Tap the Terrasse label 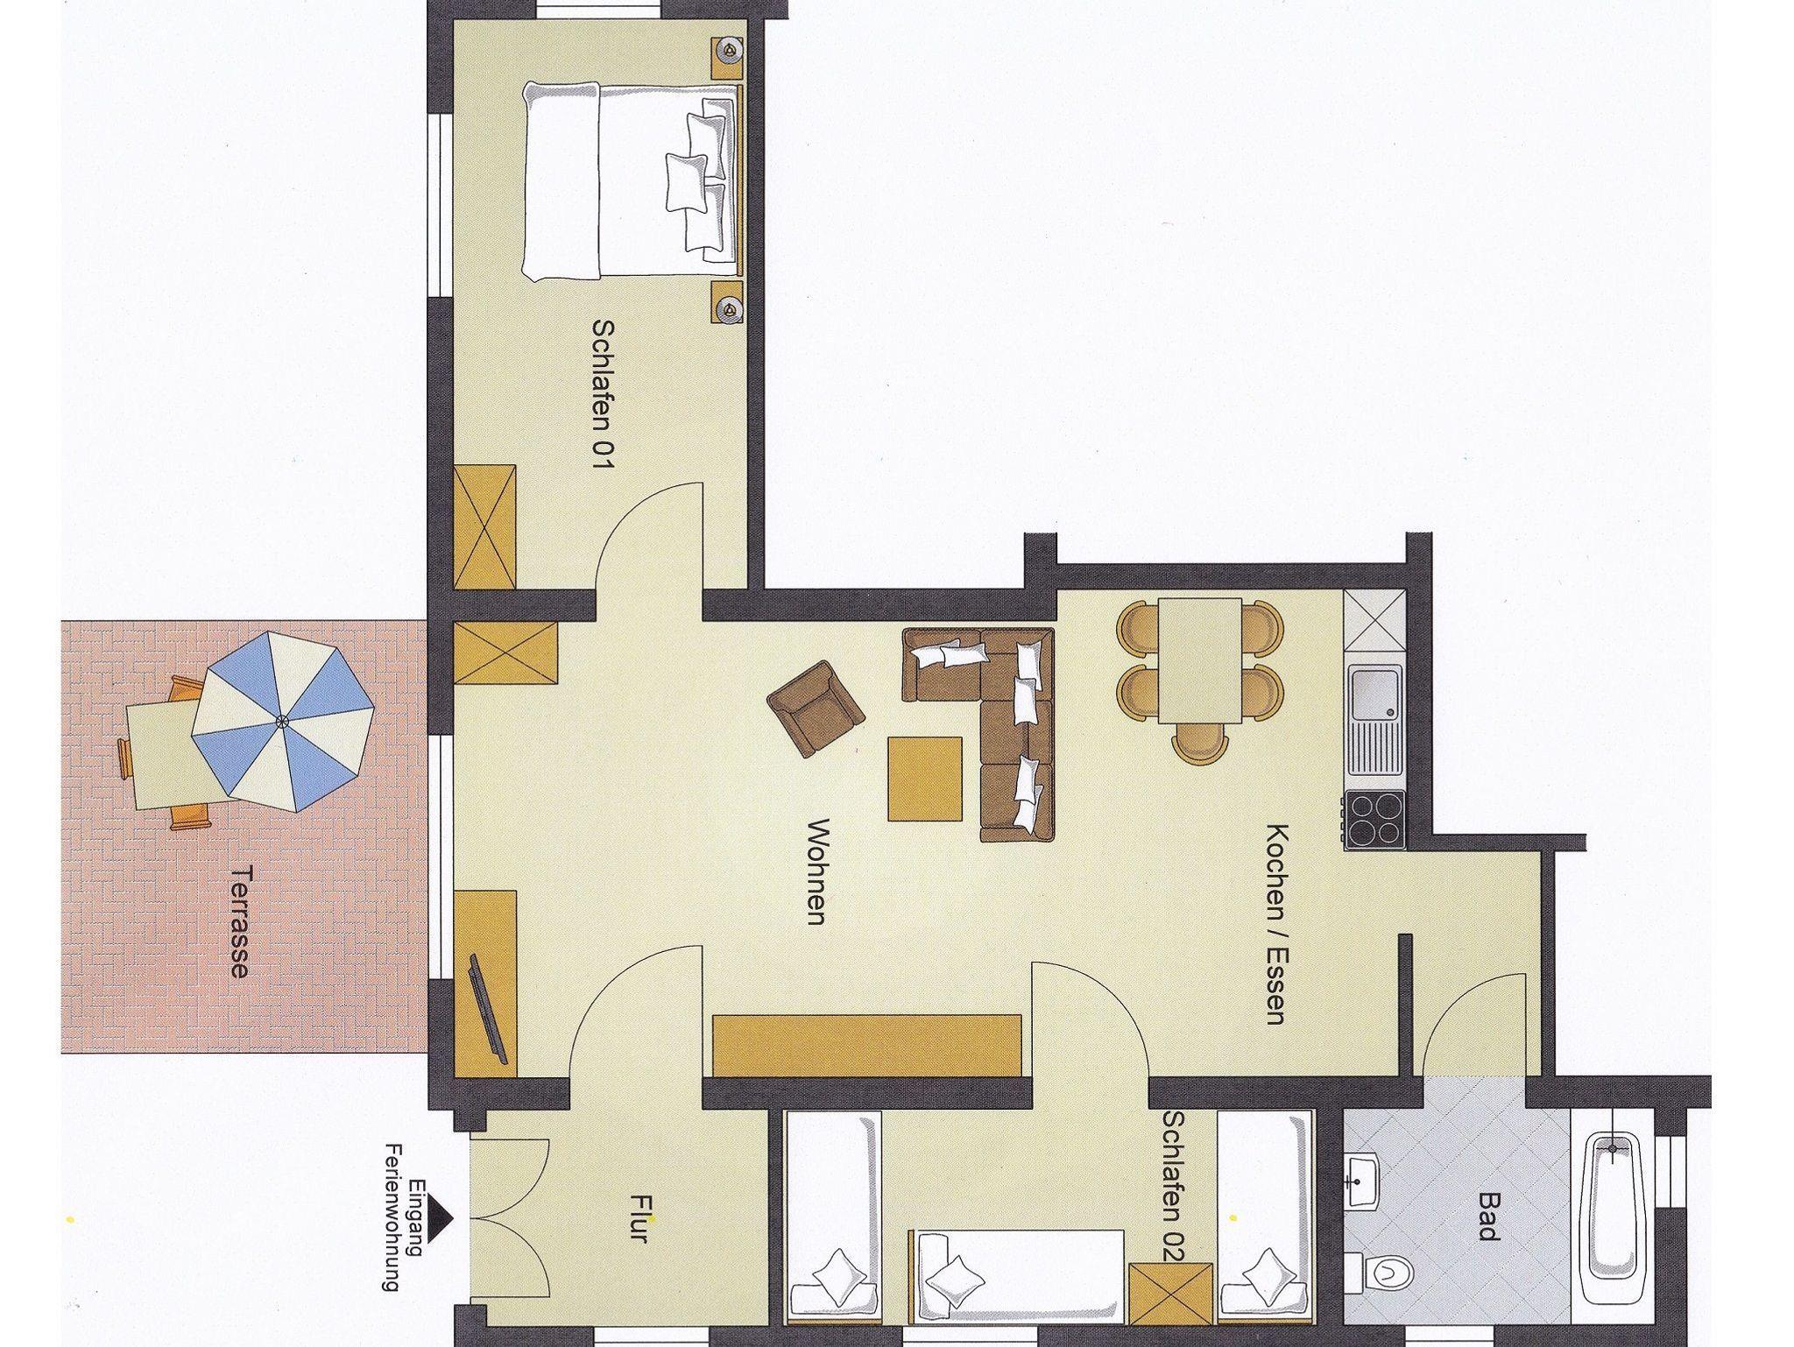coord(239,920)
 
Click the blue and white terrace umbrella coord(282,721)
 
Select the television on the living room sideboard coord(489,1008)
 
